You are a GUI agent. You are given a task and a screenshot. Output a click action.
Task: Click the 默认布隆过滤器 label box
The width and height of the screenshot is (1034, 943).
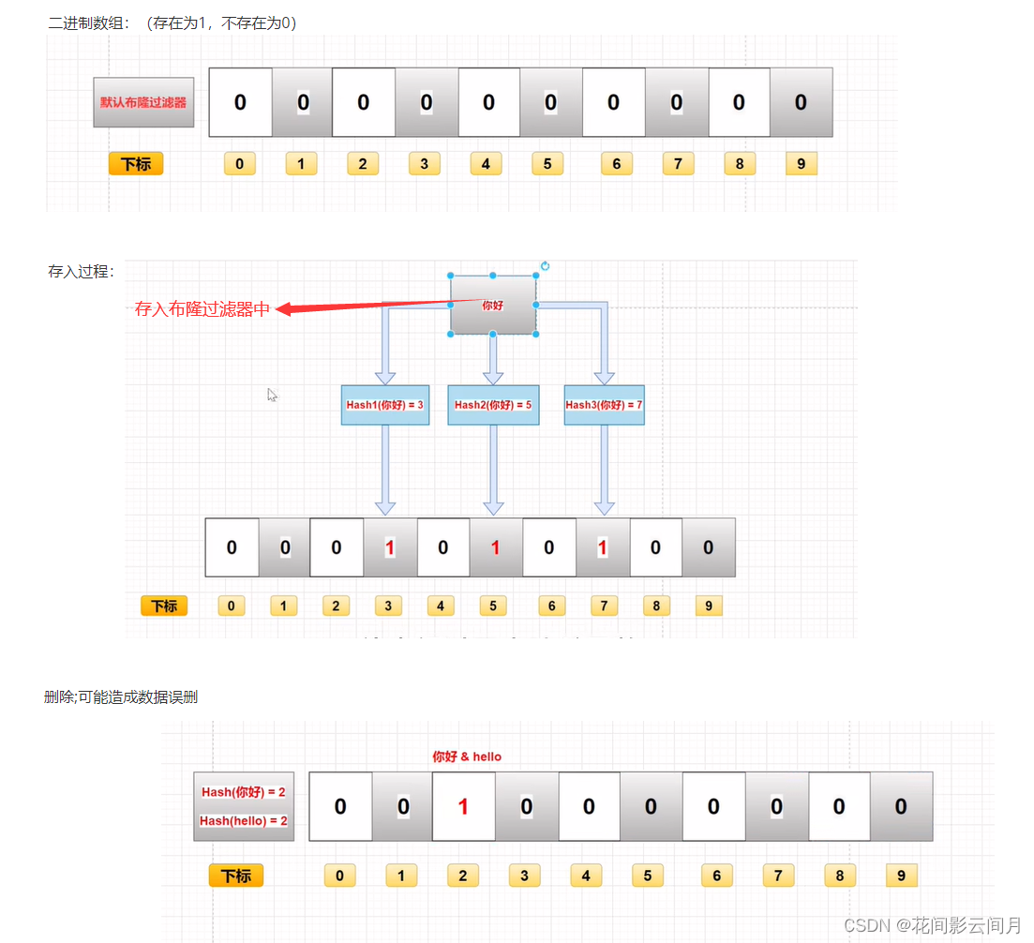coord(143,102)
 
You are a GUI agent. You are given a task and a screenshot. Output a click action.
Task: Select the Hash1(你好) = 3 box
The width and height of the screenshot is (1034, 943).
coord(384,405)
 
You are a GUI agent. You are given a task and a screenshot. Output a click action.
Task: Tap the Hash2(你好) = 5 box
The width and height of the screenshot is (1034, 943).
coord(493,405)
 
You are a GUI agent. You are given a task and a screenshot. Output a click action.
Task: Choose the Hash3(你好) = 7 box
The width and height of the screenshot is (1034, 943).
coord(604,405)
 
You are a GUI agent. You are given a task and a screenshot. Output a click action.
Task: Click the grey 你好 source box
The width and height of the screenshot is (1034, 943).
coord(493,305)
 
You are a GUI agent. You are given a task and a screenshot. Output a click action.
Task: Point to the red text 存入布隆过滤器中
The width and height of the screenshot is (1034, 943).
coord(202,309)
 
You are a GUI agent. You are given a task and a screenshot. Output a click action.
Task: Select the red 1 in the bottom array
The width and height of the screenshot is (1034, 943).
coord(463,807)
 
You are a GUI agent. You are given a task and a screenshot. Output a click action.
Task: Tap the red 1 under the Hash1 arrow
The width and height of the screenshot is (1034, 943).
coord(389,547)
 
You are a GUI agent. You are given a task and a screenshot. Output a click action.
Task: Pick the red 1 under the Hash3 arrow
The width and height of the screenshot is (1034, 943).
coord(603,547)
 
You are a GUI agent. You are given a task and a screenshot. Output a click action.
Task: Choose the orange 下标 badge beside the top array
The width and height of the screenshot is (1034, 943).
coord(136,164)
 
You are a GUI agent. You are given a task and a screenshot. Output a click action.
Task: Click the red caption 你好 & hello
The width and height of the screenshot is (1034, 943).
coord(467,756)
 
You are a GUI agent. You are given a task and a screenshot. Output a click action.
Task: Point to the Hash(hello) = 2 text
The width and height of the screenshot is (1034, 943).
coord(244,821)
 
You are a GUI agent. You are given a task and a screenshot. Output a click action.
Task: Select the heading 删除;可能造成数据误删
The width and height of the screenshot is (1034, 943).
coord(121,697)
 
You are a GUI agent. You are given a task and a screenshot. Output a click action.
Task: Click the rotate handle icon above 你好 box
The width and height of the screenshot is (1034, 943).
coord(545,266)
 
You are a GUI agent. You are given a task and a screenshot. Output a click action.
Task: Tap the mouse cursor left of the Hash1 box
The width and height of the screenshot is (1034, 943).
coord(272,395)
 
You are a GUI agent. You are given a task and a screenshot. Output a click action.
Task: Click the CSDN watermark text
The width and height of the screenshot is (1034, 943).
coord(932,925)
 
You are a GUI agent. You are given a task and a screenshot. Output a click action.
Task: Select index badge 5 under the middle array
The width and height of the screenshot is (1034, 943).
coord(493,606)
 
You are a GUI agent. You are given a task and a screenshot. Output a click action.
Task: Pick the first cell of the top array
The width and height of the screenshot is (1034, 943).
coord(240,102)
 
